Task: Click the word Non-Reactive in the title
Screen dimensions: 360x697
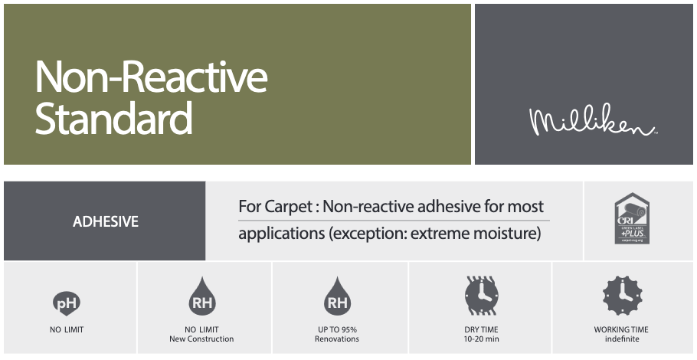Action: click(151, 77)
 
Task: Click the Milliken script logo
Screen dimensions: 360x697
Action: click(593, 123)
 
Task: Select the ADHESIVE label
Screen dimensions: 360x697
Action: click(106, 222)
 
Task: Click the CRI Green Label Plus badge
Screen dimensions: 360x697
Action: click(632, 219)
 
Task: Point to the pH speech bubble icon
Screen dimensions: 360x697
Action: click(66, 303)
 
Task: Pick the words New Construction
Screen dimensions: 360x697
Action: click(201, 339)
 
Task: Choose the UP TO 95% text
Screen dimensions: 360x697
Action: click(337, 330)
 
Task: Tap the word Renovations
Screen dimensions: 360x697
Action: click(337, 339)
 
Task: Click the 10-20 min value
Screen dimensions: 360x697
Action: click(482, 339)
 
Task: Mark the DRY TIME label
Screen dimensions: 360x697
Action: click(482, 330)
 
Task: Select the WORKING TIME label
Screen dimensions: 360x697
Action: click(621, 330)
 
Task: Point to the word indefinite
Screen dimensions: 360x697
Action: click(621, 339)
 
